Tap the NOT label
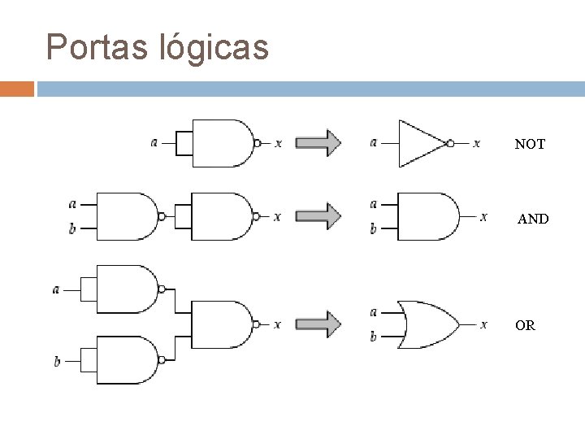(530, 145)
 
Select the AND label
(534, 219)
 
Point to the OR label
(525, 326)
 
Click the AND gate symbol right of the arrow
(426, 217)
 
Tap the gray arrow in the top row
(318, 143)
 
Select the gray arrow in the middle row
(318, 216)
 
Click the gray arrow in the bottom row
(318, 324)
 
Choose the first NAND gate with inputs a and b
(127, 216)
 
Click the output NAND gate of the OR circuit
(221, 324)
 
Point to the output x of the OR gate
(484, 324)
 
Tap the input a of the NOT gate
(373, 143)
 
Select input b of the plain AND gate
(373, 229)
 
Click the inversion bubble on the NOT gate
(449, 143)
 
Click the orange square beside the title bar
(17, 88)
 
